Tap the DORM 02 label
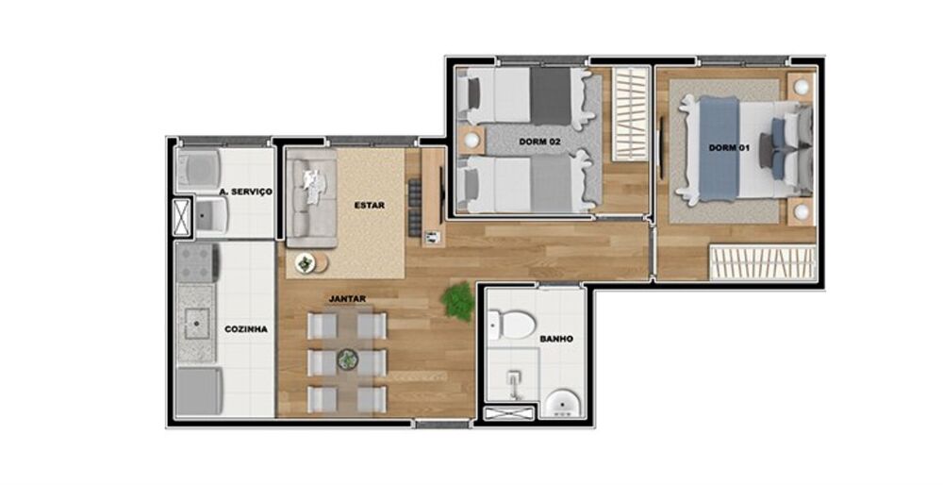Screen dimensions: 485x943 (x=539, y=142)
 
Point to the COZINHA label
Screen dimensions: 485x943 (x=245, y=329)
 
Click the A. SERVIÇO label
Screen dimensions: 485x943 (x=245, y=192)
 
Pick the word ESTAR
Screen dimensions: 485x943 (x=369, y=205)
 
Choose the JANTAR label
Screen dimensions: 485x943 (x=347, y=299)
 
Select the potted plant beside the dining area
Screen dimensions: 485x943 (x=458, y=300)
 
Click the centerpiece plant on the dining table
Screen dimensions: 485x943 (x=348, y=359)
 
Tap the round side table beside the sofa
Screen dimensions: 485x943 (x=306, y=263)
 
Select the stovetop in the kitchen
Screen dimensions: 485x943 (x=197, y=262)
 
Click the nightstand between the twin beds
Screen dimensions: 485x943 (x=471, y=142)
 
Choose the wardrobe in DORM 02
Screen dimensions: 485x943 (x=629, y=114)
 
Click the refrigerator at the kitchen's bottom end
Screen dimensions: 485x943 (x=199, y=391)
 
